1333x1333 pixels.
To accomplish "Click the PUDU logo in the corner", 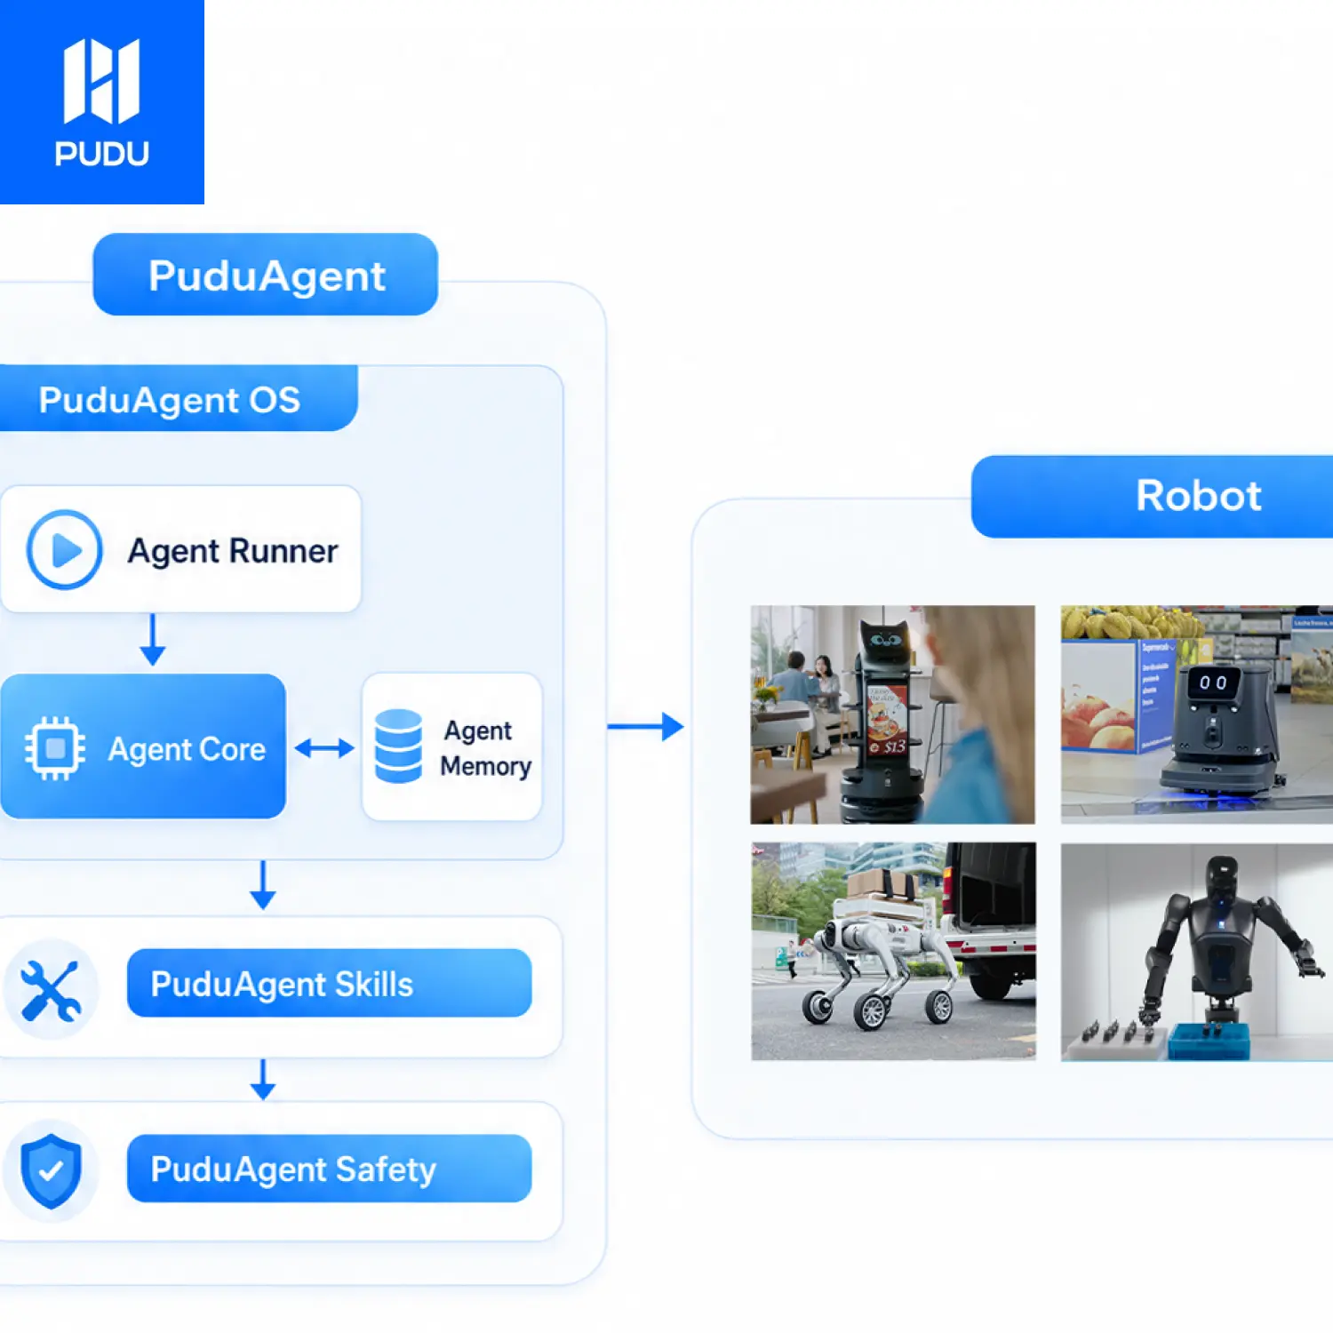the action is [101, 102].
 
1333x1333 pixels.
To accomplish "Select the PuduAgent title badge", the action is [266, 275].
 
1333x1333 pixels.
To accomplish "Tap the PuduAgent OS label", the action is [169, 399].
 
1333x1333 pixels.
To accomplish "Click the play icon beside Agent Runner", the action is [64, 550].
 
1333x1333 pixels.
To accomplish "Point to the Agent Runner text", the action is [233, 551].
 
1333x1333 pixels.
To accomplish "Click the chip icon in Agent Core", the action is [55, 748].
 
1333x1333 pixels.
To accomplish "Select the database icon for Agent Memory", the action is [398, 746].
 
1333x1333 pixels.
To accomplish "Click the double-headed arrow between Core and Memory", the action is [324, 748].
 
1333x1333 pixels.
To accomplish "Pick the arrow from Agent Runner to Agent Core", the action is [153, 639].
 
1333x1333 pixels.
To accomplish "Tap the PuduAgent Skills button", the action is [329, 983].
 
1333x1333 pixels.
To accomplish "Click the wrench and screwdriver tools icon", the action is [51, 990].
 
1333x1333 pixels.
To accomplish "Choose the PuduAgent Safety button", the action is [329, 1169].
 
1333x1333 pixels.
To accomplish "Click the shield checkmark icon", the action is [51, 1170].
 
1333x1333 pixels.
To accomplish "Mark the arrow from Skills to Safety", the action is [263, 1079].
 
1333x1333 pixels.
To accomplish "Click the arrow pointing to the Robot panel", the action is [645, 727].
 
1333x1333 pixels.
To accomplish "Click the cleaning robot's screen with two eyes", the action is [1213, 682].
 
